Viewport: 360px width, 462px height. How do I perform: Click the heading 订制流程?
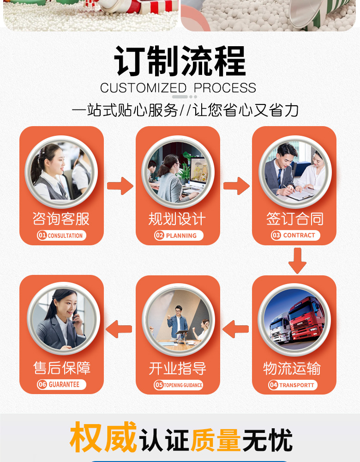pyautogui.click(x=180, y=61)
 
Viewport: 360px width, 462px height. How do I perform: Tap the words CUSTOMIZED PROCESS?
pyautogui.click(x=178, y=88)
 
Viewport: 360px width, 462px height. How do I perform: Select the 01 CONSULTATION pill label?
pyautogui.click(x=61, y=236)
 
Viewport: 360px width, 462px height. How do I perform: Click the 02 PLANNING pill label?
pyautogui.click(x=178, y=236)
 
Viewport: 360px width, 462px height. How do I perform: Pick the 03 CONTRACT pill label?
pyautogui.click(x=295, y=235)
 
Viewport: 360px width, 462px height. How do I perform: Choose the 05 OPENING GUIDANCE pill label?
pyautogui.click(x=178, y=385)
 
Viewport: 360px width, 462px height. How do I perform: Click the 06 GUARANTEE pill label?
pyautogui.click(x=61, y=384)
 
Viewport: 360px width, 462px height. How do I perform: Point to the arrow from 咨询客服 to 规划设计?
pyautogui.click(x=120, y=186)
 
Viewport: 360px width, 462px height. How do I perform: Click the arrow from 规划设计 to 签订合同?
pyautogui.click(x=236, y=186)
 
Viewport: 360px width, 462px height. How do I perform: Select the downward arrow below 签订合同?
pyautogui.click(x=297, y=260)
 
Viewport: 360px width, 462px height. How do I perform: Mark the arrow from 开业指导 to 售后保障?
pyautogui.click(x=120, y=329)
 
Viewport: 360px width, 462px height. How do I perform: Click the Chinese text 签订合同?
pyautogui.click(x=294, y=219)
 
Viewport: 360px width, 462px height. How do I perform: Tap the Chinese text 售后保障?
pyautogui.click(x=62, y=368)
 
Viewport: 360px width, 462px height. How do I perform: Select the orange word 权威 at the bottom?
pyautogui.click(x=103, y=437)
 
